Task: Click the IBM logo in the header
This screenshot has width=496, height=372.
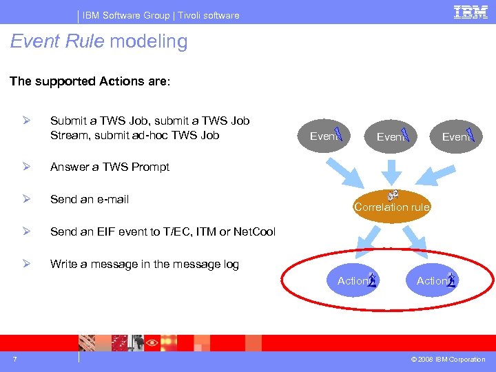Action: tap(471, 12)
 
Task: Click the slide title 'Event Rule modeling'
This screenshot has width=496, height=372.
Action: tap(99, 42)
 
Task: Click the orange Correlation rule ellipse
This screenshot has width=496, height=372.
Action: tap(391, 206)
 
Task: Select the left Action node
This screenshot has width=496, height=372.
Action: tap(353, 280)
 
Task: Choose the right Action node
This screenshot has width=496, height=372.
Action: tap(432, 280)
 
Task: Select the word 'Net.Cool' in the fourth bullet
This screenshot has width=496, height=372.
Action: tap(254, 232)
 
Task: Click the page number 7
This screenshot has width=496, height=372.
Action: tap(14, 359)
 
